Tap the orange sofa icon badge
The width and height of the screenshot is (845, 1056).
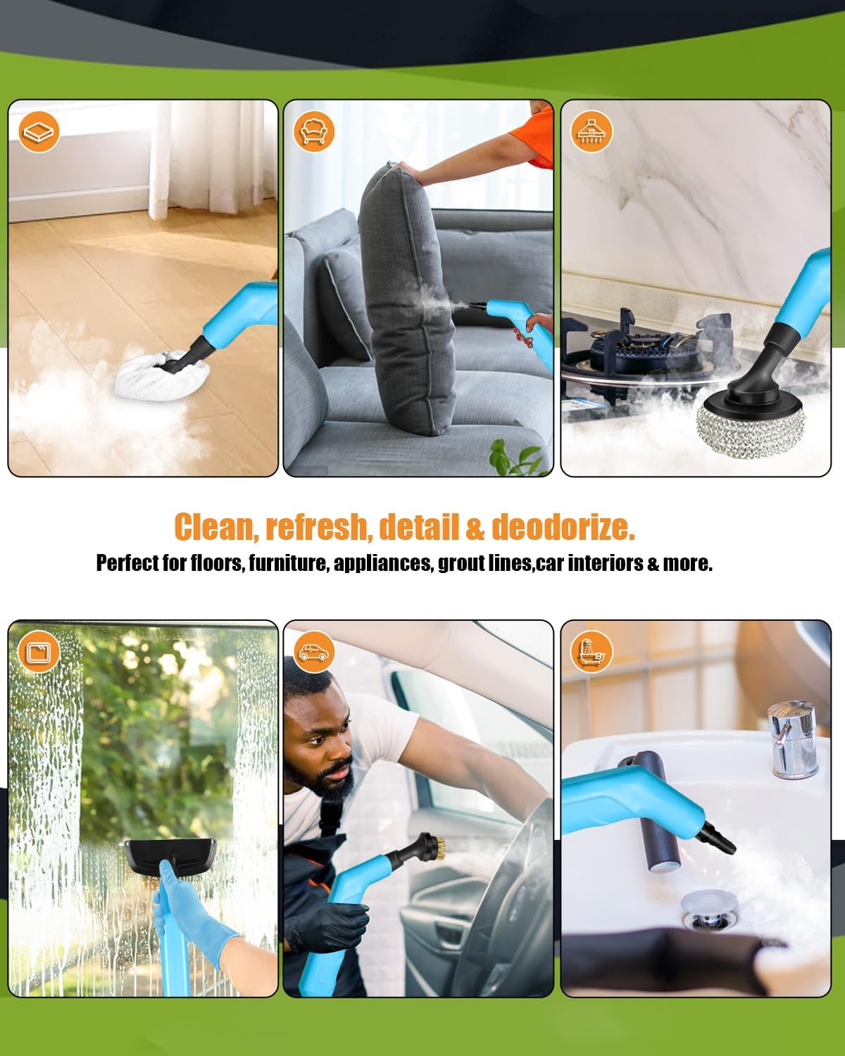pos(315,131)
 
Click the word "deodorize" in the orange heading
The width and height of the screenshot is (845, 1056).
pos(563,527)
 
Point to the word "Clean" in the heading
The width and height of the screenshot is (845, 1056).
pos(215,527)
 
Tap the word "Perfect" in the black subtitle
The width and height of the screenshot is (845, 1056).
pos(127,563)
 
